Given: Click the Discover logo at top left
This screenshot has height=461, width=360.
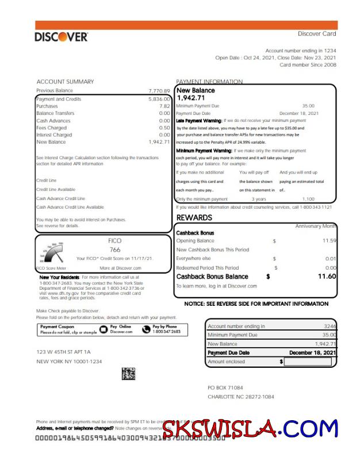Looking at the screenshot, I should [61, 37].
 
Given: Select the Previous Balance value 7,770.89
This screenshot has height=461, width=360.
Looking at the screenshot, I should [159, 91].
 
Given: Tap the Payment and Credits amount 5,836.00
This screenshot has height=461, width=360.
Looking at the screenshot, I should [159, 99].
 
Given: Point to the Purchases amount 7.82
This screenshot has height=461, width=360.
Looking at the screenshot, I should [164, 106].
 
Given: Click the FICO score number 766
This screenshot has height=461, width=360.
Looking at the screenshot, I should [115, 249].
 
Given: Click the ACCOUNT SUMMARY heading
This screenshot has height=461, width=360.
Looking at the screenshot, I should [65, 82].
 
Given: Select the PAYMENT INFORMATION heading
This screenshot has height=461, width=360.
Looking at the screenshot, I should [209, 82].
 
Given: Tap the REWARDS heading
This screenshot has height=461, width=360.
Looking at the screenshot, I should [194, 217].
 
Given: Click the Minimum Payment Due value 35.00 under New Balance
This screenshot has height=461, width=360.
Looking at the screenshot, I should [308, 106].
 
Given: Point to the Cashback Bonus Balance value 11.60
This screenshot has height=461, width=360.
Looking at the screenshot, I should [327, 276].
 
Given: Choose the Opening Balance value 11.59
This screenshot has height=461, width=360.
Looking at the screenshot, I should [329, 240].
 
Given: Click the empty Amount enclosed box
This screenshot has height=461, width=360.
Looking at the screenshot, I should [308, 362].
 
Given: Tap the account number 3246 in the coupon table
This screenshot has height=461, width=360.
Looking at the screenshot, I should [330, 326].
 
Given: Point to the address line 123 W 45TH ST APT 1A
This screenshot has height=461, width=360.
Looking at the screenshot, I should [63, 351].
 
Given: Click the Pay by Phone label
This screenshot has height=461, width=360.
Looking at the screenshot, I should [166, 326].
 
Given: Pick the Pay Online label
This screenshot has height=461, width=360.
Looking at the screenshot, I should [121, 326].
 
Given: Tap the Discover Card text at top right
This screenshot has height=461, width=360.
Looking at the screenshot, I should [317, 34].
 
